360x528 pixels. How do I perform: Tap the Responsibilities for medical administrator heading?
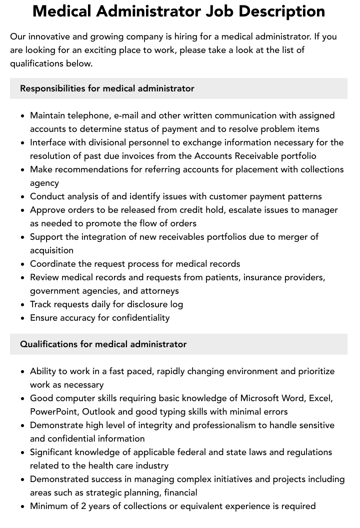click(107, 88)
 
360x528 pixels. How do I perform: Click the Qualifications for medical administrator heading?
click(103, 344)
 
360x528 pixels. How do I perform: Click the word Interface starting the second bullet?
click(48, 142)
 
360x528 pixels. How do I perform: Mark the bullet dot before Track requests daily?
click(22, 305)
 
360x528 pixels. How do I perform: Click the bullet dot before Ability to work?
click(22, 372)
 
